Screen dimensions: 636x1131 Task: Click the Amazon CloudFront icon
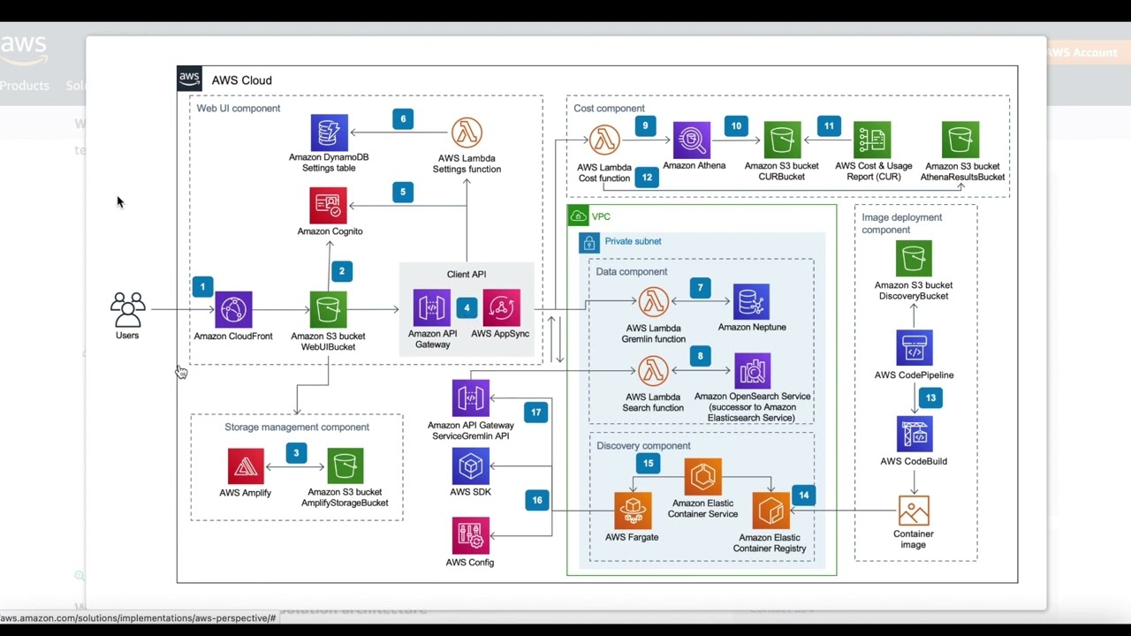233,310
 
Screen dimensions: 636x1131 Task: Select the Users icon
127,310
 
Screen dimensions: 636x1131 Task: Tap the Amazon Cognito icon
328,206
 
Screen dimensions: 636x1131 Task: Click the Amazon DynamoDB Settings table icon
329,132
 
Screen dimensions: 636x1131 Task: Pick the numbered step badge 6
403,119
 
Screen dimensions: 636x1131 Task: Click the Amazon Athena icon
692,140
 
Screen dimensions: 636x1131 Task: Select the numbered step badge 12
647,178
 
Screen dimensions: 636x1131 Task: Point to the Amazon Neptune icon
751,302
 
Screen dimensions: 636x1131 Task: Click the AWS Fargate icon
633,511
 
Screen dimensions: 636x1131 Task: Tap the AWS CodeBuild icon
914,435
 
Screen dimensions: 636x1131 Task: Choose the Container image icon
914,511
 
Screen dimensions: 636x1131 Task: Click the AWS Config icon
470,536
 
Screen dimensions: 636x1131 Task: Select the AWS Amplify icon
246,466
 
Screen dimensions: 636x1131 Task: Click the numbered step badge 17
535,413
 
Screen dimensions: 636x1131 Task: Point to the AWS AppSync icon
501,307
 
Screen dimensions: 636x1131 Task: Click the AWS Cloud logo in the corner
190,79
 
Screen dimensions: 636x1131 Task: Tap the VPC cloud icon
579,216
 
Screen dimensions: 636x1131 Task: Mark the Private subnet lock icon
589,242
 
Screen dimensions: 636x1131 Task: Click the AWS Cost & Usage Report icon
872,140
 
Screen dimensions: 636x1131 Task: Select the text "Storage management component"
297,428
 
